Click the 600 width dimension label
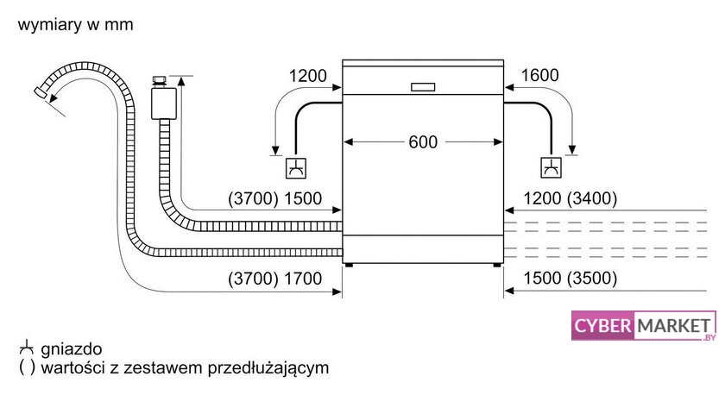[x=423, y=141]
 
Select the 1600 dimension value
[x=539, y=75]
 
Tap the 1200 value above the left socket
[x=307, y=76]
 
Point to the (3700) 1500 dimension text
[x=274, y=198]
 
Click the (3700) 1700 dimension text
[x=274, y=279]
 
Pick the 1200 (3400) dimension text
[x=571, y=198]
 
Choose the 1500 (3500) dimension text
[x=571, y=278]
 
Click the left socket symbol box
[x=296, y=167]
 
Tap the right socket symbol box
[x=552, y=167]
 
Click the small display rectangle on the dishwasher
[x=423, y=87]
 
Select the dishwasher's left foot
[x=349, y=265]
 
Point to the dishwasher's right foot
[x=496, y=265]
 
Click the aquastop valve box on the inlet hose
[x=164, y=103]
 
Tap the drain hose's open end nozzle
[x=41, y=91]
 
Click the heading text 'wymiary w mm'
[x=75, y=24]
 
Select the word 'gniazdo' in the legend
[x=71, y=348]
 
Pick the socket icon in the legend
[x=27, y=348]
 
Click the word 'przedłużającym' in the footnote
[x=268, y=368]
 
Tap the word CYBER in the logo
[x=602, y=326]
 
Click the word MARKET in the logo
[x=674, y=326]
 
